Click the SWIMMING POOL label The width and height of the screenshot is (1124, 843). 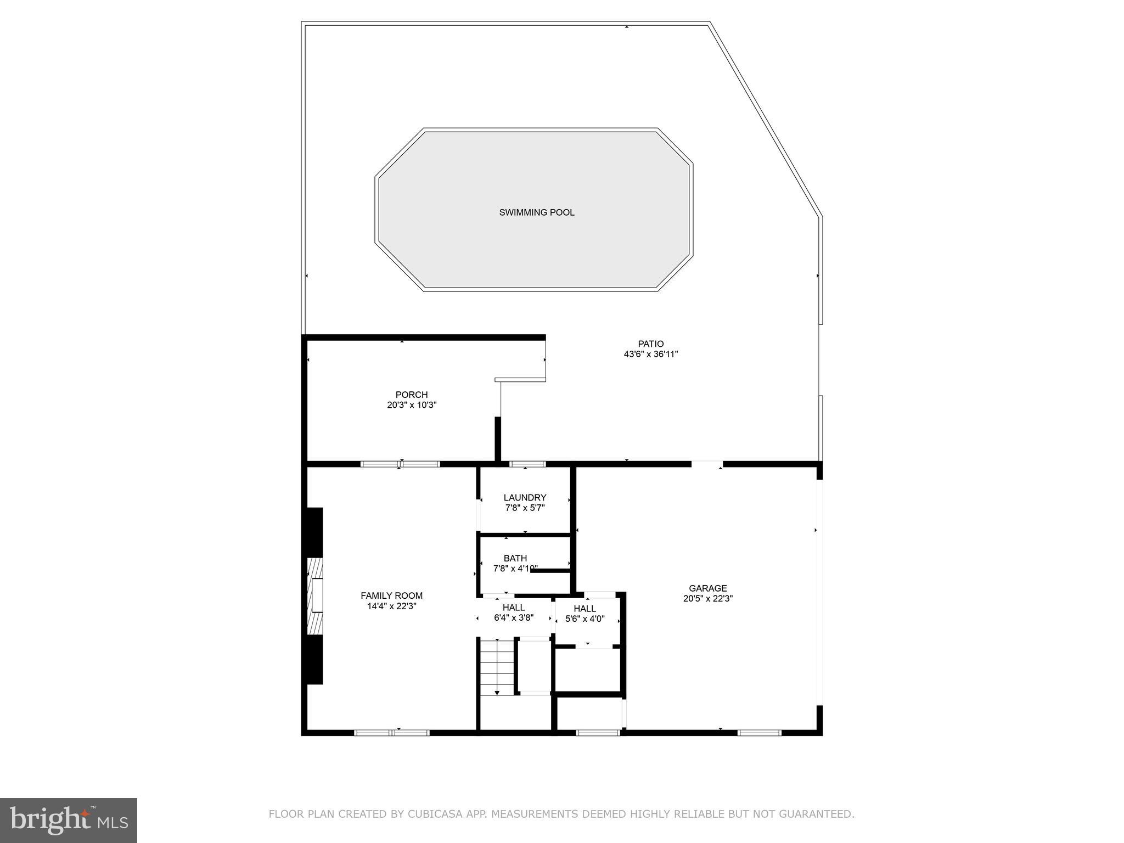point(536,212)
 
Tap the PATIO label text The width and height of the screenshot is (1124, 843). point(650,344)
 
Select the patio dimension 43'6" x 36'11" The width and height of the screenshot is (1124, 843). point(650,355)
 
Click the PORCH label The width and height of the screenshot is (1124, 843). point(411,395)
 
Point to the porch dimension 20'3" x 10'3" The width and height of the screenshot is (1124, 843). point(411,405)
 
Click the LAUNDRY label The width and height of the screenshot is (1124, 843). point(525,498)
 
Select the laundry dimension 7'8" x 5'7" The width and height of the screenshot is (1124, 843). point(525,508)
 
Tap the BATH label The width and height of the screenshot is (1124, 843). point(515,558)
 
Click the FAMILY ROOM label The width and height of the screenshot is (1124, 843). point(391,595)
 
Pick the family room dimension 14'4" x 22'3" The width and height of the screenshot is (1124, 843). point(391,606)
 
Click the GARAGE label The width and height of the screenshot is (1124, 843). point(707,588)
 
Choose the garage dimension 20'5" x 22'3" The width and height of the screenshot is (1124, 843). point(707,599)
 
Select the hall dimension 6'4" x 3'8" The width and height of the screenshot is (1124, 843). point(513,618)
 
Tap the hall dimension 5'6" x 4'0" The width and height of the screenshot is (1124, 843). point(585,619)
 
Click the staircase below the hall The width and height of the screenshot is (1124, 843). point(497,667)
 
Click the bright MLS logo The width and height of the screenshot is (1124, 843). point(68,820)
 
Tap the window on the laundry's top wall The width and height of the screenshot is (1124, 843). point(527,464)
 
